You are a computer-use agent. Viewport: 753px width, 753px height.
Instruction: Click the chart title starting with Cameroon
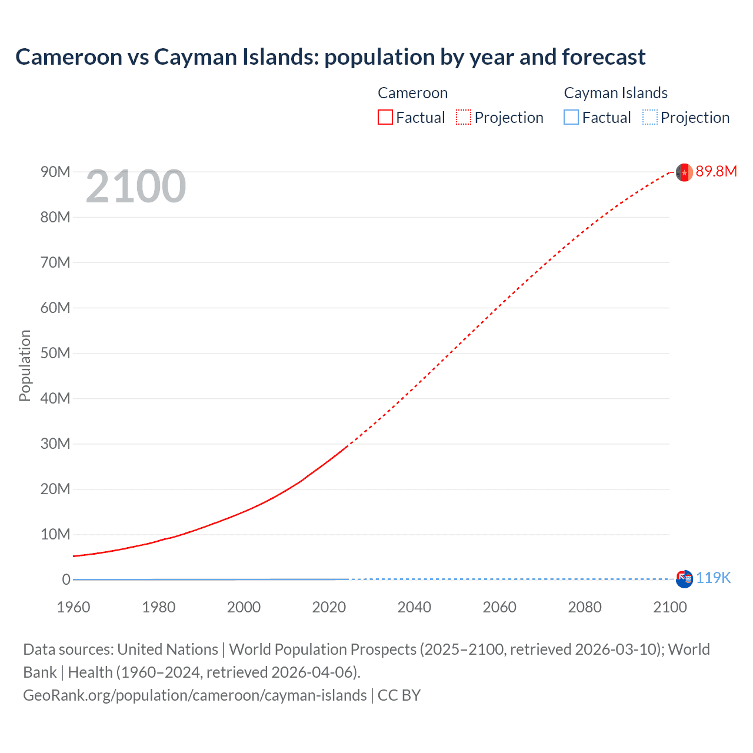[x=330, y=57]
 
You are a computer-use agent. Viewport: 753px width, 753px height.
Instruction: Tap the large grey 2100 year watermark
[x=136, y=187]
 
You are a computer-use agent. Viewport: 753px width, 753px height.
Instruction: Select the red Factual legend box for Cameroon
[x=385, y=118]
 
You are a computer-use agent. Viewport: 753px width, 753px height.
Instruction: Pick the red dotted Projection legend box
[x=464, y=118]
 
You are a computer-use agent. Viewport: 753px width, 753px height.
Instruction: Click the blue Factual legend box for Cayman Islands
[x=571, y=118]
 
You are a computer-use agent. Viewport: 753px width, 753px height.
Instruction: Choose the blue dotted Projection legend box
[x=650, y=118]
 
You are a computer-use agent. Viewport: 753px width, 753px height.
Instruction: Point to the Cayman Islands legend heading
[x=615, y=93]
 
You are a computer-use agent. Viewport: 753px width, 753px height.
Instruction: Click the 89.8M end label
[x=716, y=171]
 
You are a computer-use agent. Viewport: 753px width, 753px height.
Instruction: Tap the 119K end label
[x=713, y=578]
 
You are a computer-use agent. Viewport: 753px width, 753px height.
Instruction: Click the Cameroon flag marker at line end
[x=684, y=172]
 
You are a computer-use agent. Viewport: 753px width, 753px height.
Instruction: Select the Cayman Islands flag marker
[x=684, y=579]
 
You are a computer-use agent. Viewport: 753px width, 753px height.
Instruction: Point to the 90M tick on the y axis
[x=55, y=172]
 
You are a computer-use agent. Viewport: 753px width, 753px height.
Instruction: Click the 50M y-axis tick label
[x=55, y=353]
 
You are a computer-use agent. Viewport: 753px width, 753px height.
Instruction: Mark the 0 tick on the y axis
[x=66, y=579]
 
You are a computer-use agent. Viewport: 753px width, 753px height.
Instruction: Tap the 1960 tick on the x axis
[x=74, y=607]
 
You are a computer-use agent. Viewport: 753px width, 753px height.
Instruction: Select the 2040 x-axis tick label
[x=414, y=607]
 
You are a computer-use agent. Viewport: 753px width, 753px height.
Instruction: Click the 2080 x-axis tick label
[x=585, y=607]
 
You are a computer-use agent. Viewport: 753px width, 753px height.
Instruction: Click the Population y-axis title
[x=25, y=365]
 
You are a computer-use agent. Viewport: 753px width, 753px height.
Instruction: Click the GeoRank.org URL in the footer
[x=195, y=695]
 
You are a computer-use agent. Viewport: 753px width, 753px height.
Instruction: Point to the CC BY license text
[x=399, y=695]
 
